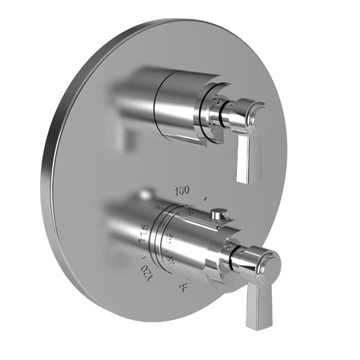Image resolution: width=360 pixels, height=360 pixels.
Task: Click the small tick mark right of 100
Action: [207, 197]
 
